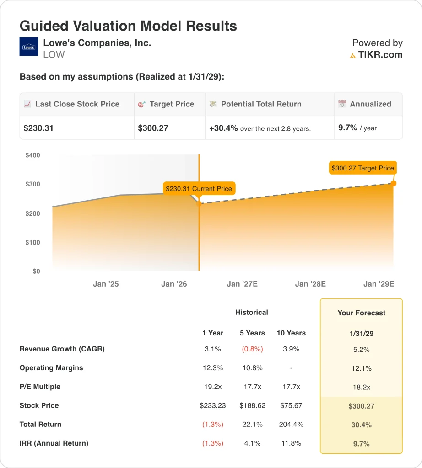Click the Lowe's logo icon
[x=29, y=47]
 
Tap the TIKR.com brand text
[x=380, y=55]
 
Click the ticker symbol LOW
[x=54, y=55]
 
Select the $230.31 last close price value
[x=38, y=128]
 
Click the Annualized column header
[x=370, y=104]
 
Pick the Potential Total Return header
[x=261, y=104]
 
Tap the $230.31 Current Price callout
[x=199, y=188]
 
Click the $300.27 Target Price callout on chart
[x=362, y=168]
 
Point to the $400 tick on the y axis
[x=32, y=155]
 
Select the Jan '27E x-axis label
[x=242, y=284]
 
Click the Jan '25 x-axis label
[x=106, y=284]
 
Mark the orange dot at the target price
[x=394, y=183]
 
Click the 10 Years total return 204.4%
[x=291, y=424]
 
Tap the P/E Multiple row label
[x=40, y=387]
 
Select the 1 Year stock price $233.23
[x=213, y=405]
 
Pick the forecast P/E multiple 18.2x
[x=361, y=387]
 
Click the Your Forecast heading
[x=361, y=313]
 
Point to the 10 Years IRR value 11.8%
[x=291, y=443]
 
